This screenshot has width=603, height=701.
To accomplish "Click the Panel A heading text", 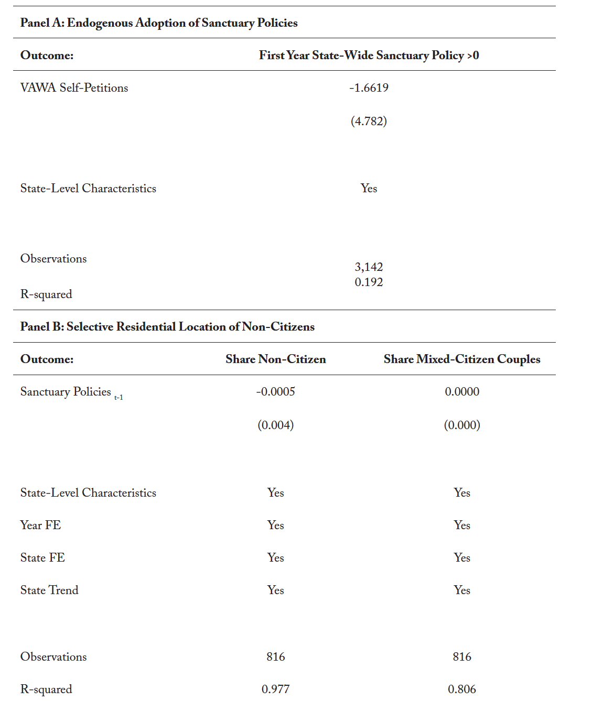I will [158, 23].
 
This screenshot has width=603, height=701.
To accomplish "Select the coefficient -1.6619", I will [369, 88].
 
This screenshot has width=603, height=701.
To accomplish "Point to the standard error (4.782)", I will [369, 122].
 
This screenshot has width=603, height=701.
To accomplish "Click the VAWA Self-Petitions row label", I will [74, 88].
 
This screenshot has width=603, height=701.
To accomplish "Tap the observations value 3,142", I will [369, 267].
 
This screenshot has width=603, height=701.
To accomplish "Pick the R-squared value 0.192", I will [369, 282].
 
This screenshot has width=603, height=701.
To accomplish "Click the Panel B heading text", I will [167, 327].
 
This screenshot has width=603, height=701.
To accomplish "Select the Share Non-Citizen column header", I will [275, 359].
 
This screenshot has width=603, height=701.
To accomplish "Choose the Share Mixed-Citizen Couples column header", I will [461, 359].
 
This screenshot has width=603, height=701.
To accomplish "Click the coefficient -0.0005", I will [275, 392].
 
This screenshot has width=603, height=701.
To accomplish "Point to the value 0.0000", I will [461, 392].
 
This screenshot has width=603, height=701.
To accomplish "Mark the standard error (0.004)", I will [275, 425].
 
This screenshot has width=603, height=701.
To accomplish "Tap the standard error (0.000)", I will [461, 425].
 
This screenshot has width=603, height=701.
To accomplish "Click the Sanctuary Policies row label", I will [66, 392].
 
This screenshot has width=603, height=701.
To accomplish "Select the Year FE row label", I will [40, 525].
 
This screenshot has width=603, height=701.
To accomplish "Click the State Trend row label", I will [49, 590].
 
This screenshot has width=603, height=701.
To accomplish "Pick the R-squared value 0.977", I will [275, 689].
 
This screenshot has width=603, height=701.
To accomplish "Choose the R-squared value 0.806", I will [461, 689].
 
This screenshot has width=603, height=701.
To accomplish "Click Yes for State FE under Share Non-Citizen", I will [275, 558].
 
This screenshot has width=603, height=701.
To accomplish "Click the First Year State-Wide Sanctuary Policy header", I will [369, 56].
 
